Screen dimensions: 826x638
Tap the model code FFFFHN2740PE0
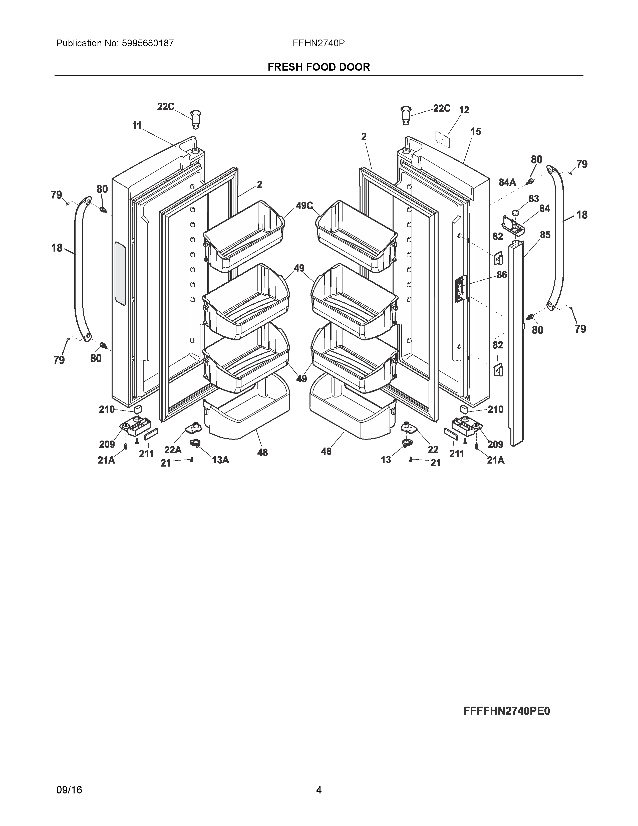[x=506, y=711]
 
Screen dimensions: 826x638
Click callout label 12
[x=464, y=110]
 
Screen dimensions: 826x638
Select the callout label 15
[x=475, y=132]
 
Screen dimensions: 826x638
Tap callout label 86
[x=502, y=275]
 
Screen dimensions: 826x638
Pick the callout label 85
[x=545, y=235]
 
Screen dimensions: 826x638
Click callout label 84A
[x=507, y=182]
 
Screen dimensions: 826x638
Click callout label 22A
[x=173, y=450]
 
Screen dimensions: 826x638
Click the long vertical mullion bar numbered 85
[x=516, y=340]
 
